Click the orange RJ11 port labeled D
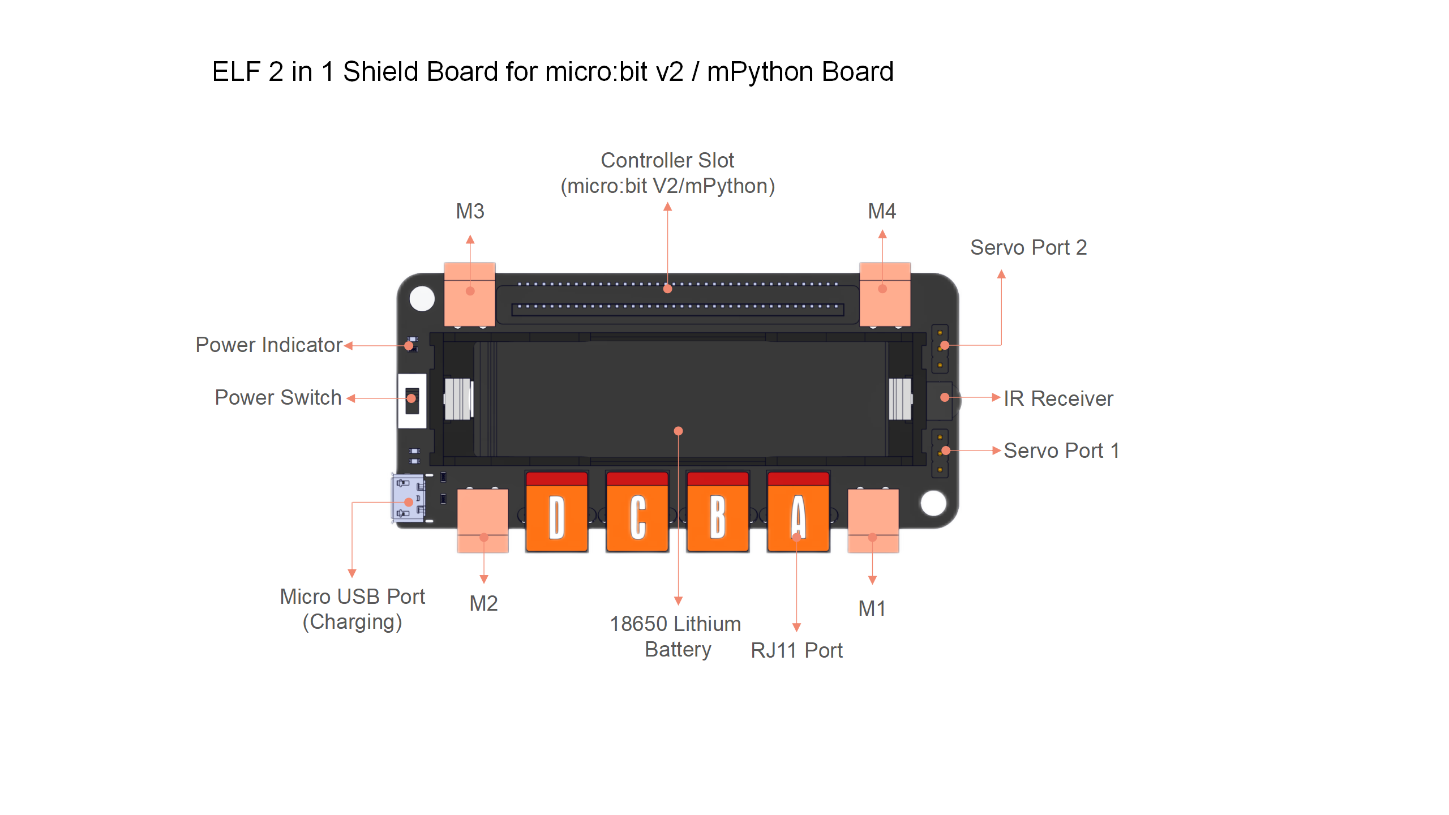click(x=557, y=512)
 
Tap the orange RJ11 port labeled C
click(x=637, y=512)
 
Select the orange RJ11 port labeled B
click(x=718, y=512)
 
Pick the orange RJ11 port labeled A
click(x=798, y=512)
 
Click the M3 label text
click(x=470, y=212)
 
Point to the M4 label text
click(x=882, y=212)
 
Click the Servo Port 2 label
click(x=1028, y=248)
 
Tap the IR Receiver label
click(x=1058, y=399)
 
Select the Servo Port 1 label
click(x=1061, y=451)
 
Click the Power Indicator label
click(x=269, y=345)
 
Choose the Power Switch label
click(x=278, y=398)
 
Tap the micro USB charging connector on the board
click(x=408, y=498)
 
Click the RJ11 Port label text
click(x=796, y=651)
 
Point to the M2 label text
click(x=483, y=604)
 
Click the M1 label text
click(x=872, y=609)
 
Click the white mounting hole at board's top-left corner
click(x=422, y=298)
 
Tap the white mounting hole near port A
click(x=933, y=503)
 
